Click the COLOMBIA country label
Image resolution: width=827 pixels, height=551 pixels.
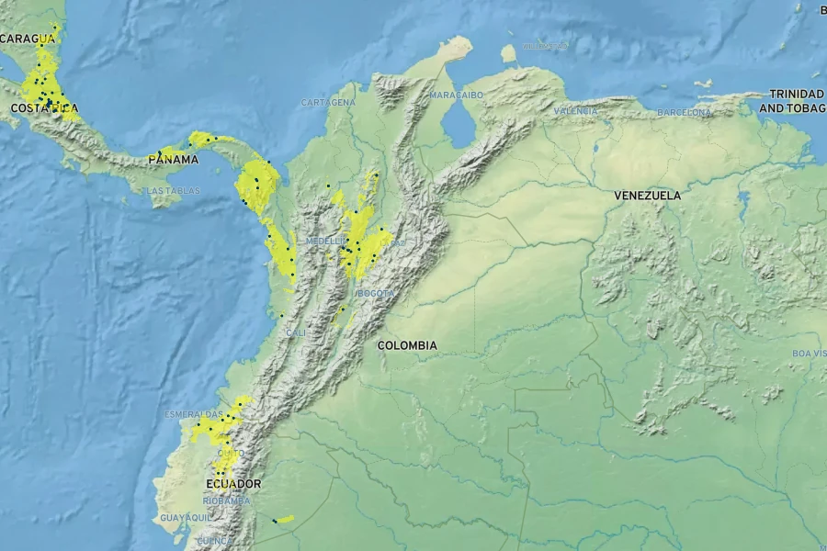coord(406,345)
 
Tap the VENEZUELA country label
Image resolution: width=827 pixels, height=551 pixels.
coord(647,196)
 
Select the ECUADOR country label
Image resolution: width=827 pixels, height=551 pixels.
coord(233,484)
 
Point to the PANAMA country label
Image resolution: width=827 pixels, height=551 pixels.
coord(173,160)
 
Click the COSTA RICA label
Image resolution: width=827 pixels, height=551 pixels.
coord(44,108)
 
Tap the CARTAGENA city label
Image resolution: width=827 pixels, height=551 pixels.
coord(328,103)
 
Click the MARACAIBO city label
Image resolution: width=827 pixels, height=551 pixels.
coord(457,96)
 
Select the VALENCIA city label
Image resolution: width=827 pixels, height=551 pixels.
coord(576,111)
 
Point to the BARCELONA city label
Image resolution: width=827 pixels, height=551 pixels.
coord(684,112)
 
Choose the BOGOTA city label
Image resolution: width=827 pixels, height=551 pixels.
coord(376,293)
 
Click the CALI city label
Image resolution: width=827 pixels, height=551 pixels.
coord(296,332)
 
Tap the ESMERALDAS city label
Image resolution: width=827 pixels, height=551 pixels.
coord(193,414)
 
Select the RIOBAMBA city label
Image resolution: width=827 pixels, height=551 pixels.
coord(226,500)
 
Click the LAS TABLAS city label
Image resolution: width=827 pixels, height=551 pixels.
coord(173,191)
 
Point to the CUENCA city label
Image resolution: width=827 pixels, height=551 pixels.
coord(214,541)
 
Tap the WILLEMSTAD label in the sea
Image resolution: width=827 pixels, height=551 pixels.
coord(545,46)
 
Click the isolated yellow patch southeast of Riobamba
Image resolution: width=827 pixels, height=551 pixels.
coord(285,520)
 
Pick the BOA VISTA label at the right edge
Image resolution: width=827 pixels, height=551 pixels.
coord(809,354)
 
